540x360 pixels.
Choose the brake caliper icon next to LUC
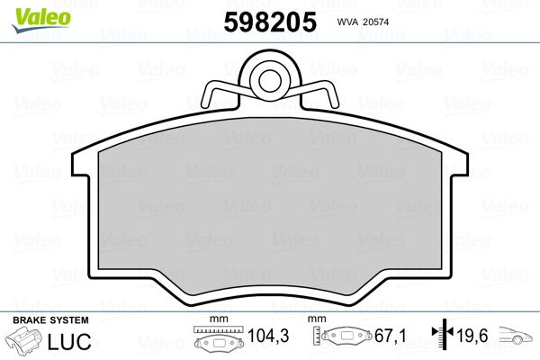(x=25, y=342)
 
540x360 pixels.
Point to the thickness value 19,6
(x=472, y=336)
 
